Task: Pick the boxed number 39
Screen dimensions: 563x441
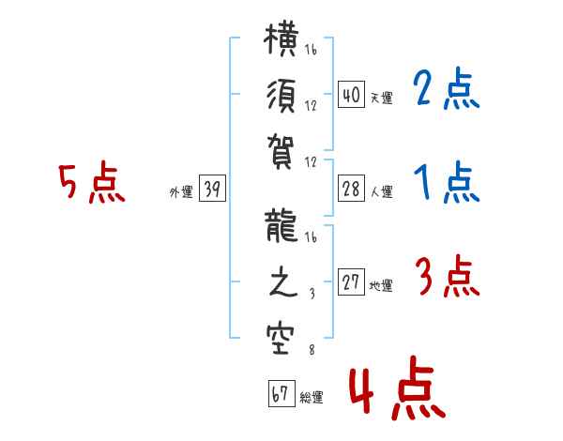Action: pyautogui.click(x=212, y=190)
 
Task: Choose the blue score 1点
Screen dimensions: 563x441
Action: pyautogui.click(x=447, y=182)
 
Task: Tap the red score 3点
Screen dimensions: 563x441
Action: pyautogui.click(x=447, y=278)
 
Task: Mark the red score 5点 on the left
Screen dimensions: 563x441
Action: pyautogui.click(x=91, y=183)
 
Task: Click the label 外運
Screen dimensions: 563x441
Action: pyautogui.click(x=181, y=192)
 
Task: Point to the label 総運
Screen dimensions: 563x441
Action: pyautogui.click(x=312, y=398)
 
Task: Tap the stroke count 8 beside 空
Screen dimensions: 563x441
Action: pyautogui.click(x=311, y=352)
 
